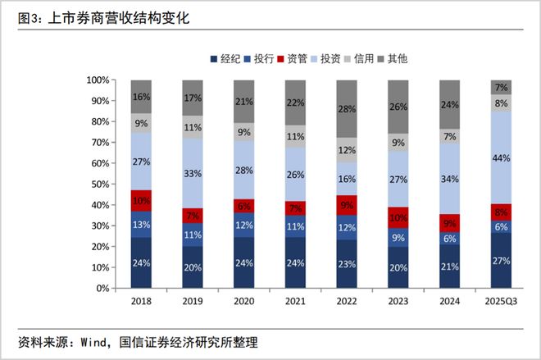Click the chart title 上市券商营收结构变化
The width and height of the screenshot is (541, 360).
[x=114, y=17]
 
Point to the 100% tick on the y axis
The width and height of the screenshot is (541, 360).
[x=97, y=80]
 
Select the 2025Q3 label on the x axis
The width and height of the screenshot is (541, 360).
[x=501, y=301]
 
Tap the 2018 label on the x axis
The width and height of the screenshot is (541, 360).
[x=141, y=301]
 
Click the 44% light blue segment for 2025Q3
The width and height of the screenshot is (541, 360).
[x=501, y=157]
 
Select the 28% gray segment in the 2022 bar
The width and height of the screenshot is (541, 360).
[x=347, y=109]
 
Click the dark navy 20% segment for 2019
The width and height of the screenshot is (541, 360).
[x=193, y=267]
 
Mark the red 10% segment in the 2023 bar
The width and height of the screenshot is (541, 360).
[x=398, y=217]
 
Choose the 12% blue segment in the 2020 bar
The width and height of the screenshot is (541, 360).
[x=243, y=226]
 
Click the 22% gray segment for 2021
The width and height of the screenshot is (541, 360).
[x=295, y=103]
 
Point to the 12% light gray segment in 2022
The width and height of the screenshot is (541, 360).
[x=347, y=150]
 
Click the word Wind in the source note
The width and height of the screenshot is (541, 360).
[x=93, y=340]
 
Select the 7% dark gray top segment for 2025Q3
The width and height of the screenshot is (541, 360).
[x=501, y=87]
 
